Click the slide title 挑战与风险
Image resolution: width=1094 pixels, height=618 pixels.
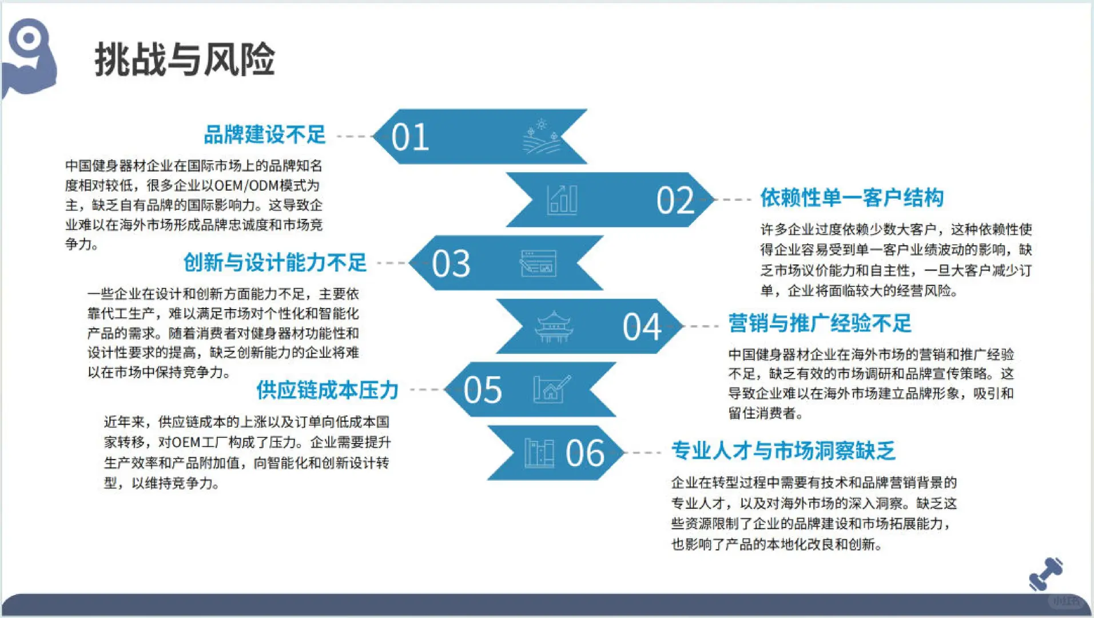[x=184, y=60]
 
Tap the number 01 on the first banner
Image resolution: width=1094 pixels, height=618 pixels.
[x=410, y=137]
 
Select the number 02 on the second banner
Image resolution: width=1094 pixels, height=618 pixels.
[x=675, y=201]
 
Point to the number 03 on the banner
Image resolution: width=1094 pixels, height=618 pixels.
[x=451, y=264]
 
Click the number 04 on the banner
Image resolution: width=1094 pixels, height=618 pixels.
[x=642, y=327]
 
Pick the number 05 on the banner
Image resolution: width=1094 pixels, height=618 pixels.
[x=483, y=390]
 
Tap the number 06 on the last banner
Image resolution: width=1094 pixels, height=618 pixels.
[x=584, y=454]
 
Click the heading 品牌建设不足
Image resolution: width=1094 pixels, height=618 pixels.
[x=265, y=135]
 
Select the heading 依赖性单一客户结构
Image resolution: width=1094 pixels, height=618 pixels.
[x=852, y=198]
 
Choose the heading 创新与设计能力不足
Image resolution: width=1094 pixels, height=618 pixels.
[x=275, y=263]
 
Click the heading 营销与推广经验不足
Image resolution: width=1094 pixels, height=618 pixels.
[x=819, y=324]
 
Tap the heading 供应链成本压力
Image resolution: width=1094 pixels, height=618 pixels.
[x=327, y=390]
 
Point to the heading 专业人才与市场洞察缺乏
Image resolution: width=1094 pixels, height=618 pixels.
[x=783, y=451]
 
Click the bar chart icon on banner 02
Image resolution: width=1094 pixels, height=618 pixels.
[x=562, y=200]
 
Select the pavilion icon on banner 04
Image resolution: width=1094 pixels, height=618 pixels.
[x=553, y=327]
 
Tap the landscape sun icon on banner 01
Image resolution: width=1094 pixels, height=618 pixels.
[x=541, y=137]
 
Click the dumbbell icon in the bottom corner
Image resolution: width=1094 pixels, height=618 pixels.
[x=1045, y=574]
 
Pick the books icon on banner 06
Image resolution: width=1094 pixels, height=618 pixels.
[x=539, y=453]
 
